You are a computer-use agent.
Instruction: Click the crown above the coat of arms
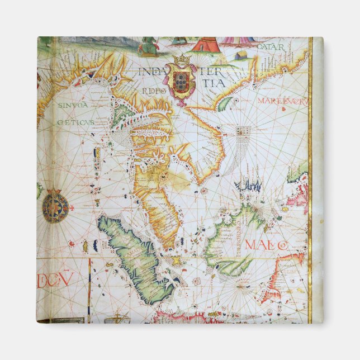[182, 59]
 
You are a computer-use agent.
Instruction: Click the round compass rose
[55, 206]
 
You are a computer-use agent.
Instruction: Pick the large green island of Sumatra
[134, 260]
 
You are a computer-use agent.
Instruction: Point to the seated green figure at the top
[148, 45]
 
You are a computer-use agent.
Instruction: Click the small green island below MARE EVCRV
[226, 103]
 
